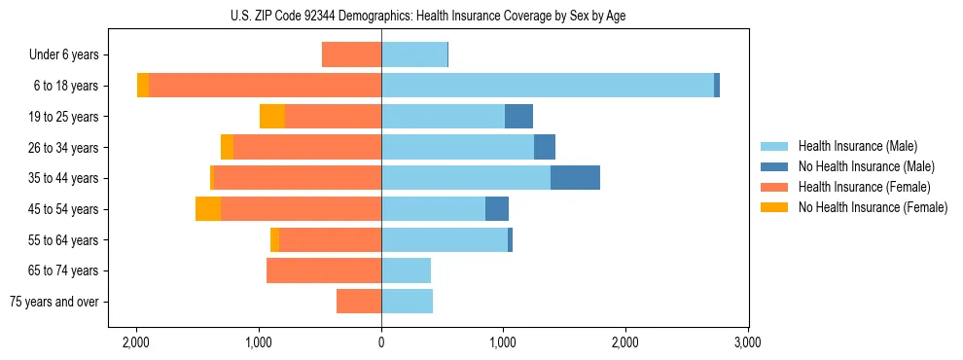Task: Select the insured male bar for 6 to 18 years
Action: coord(547,86)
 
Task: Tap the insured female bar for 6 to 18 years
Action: coord(265,86)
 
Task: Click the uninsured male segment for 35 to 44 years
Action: coord(575,178)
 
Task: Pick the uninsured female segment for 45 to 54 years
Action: coord(208,209)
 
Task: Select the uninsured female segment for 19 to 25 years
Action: coord(272,117)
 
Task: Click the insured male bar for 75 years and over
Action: coord(407,302)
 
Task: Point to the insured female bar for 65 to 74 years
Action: coord(324,270)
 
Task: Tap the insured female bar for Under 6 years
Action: coord(351,54)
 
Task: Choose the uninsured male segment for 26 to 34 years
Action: coord(545,147)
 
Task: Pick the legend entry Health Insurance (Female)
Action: coord(864,187)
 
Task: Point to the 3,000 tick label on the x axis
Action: coord(747,342)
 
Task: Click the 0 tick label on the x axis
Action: coord(381,342)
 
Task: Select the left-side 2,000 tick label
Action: coord(136,342)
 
